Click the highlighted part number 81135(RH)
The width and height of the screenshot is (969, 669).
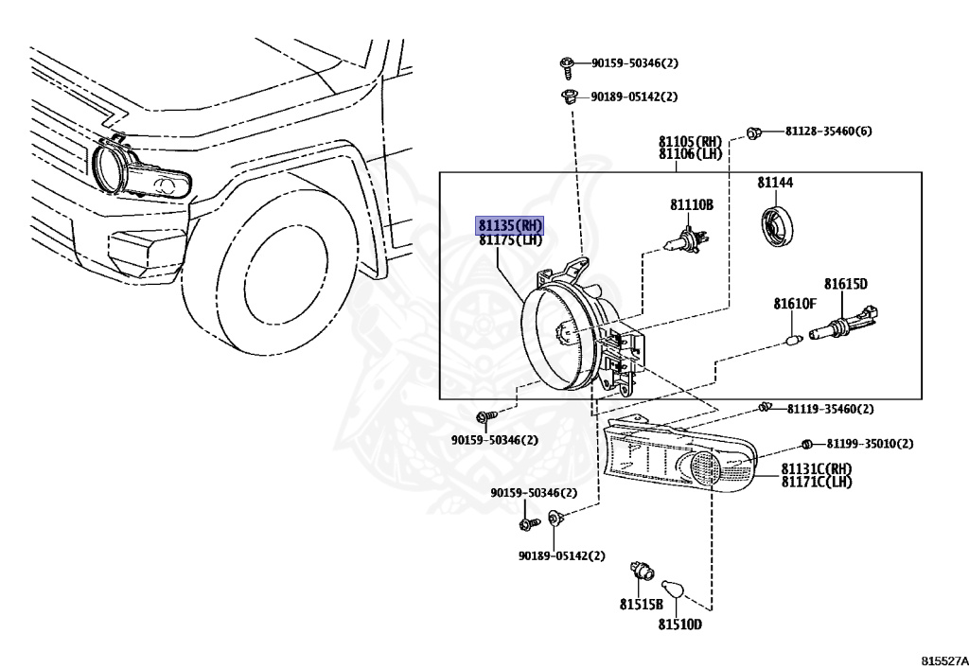[x=510, y=225]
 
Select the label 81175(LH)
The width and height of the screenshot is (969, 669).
[x=510, y=240]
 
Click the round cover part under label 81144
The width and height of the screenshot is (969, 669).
[x=778, y=227]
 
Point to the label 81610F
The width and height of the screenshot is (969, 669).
[x=794, y=304]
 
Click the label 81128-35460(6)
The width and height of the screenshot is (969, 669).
[x=828, y=131]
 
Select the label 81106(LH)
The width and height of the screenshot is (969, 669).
[x=691, y=153]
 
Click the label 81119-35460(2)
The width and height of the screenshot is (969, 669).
[x=830, y=409]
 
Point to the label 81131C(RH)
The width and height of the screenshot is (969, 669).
[x=817, y=469]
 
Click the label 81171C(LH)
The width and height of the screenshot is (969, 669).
[x=817, y=483]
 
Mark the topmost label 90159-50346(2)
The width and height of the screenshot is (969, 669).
[x=635, y=63]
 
